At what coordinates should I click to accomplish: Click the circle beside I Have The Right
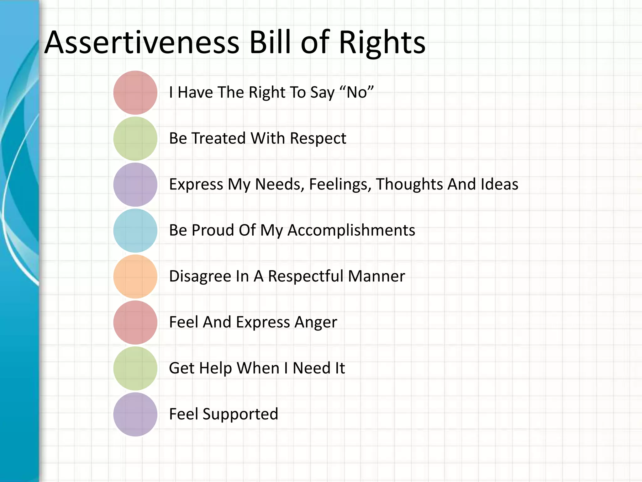[135, 93]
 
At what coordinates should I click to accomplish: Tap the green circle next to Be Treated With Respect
[135, 138]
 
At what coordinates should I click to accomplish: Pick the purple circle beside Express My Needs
[135, 185]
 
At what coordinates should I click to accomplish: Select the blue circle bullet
[135, 230]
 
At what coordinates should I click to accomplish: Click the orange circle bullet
[135, 276]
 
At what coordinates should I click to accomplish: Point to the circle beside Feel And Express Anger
[135, 322]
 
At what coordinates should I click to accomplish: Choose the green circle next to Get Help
[135, 368]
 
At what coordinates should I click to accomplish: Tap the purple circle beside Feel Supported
[135, 414]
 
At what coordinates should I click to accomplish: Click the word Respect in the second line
[318, 138]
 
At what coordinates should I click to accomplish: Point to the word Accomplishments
[351, 230]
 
